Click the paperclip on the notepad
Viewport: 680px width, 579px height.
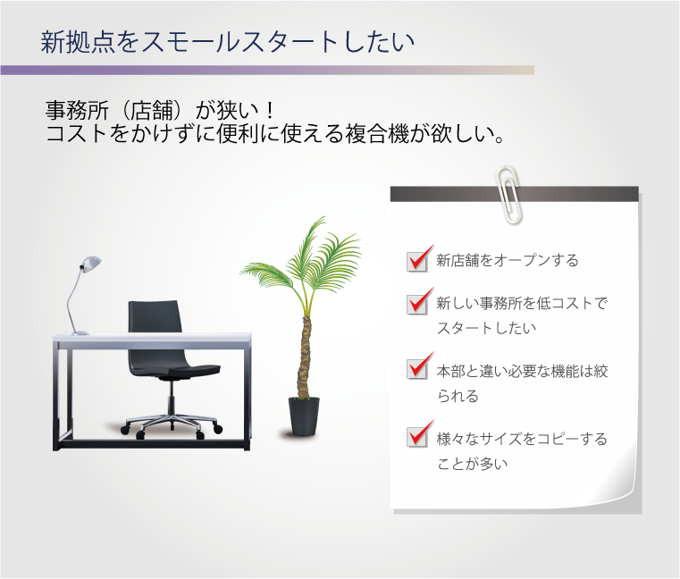tap(509, 194)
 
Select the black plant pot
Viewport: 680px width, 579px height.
tap(304, 415)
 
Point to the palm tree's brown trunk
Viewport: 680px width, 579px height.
tap(306, 357)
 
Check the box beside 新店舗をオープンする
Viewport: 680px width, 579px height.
tap(417, 261)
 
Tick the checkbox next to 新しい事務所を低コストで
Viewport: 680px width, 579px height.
tap(417, 304)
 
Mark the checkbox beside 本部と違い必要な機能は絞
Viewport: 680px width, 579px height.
tap(417, 369)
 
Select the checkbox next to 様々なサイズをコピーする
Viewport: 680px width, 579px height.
tap(417, 436)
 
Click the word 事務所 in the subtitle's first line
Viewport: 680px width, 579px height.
tap(77, 110)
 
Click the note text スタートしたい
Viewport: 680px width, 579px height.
tap(487, 328)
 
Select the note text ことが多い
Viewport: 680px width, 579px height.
tap(473, 464)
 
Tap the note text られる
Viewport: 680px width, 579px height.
tap(458, 396)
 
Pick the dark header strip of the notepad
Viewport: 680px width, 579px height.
tap(515, 194)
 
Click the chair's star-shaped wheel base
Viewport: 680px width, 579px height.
tap(172, 424)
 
